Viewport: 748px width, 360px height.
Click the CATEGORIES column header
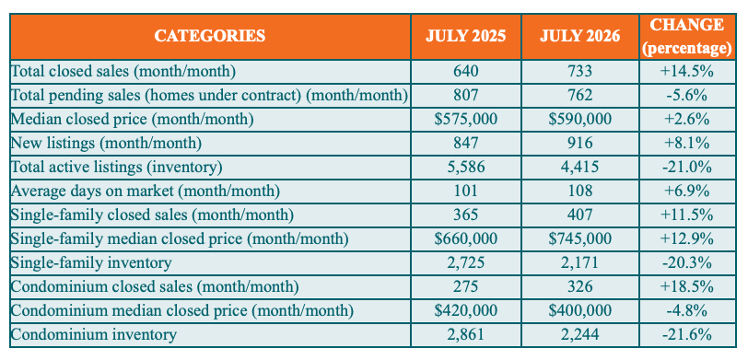(210, 36)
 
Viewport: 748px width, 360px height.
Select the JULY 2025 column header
(465, 37)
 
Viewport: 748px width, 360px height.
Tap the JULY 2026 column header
(580, 37)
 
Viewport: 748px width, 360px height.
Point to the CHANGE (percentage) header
(687, 37)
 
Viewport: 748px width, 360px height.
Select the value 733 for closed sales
(580, 72)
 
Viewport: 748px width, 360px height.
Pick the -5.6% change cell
(687, 96)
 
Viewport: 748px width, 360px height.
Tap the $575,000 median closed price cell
(465, 120)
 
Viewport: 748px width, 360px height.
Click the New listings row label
(106, 144)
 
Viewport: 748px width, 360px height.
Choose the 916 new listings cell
(580, 144)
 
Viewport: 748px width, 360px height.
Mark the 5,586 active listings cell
(465, 168)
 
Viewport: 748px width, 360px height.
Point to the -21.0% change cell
(687, 168)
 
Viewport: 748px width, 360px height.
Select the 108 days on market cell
(580, 192)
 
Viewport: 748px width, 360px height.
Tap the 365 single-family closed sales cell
(465, 215)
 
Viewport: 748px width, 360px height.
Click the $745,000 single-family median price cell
(580, 239)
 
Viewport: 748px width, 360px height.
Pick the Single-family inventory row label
(90, 263)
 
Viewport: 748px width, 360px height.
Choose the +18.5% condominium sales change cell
(687, 287)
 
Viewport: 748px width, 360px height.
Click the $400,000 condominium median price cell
(580, 311)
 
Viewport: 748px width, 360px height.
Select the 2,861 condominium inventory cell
(465, 335)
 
